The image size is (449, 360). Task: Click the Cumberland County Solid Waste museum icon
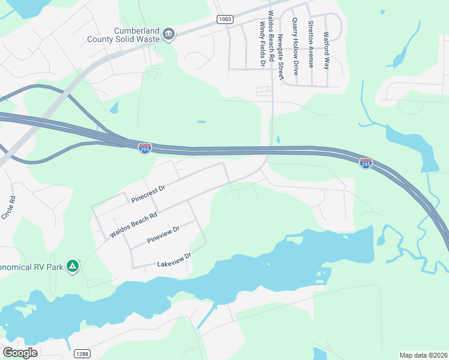pyautogui.click(x=169, y=35)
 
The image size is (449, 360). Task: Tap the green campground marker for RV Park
pyautogui.click(x=73, y=266)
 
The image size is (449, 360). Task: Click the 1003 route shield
pyautogui.click(x=224, y=19)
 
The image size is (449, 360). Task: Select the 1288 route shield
pyautogui.click(x=83, y=354)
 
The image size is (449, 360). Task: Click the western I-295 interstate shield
pyautogui.click(x=145, y=148)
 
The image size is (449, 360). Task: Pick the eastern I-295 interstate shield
pyautogui.click(x=366, y=163)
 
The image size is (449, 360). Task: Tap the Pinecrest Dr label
pyautogui.click(x=148, y=193)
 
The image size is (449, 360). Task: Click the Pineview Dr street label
pyautogui.click(x=163, y=235)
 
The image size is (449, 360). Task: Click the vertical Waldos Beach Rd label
pyautogui.click(x=271, y=36)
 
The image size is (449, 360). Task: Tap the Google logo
pyautogui.click(x=20, y=353)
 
